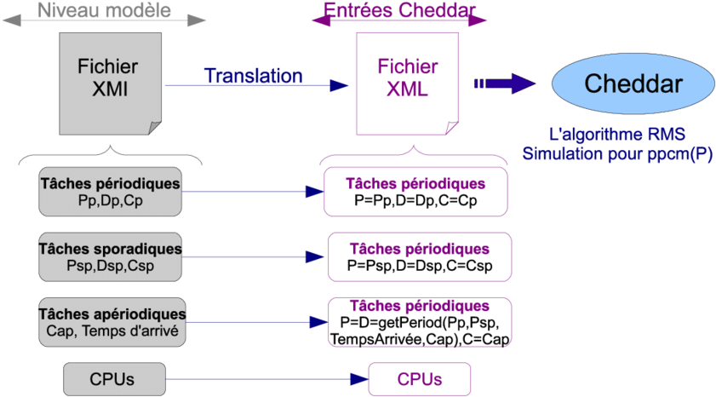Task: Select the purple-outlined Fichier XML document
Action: pyautogui.click(x=406, y=81)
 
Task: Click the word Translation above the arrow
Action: pyautogui.click(x=253, y=76)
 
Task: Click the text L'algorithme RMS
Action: pyautogui.click(x=617, y=135)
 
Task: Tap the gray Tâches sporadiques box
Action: pyautogui.click(x=111, y=256)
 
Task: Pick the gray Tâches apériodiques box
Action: pyautogui.click(x=111, y=322)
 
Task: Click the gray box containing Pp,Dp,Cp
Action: pyautogui.click(x=111, y=191)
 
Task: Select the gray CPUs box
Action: pyautogui.click(x=112, y=379)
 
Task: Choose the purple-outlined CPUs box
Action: pyautogui.click(x=419, y=379)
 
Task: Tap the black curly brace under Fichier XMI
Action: pyautogui.click(x=111, y=154)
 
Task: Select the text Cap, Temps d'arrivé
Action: pyautogui.click(x=112, y=331)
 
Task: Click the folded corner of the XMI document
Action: pyautogui.click(x=154, y=127)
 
